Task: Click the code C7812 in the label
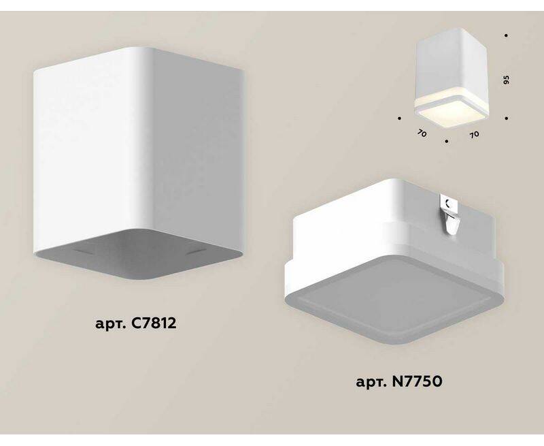point(154,323)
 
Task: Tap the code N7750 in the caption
point(417,382)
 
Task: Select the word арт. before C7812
point(110,324)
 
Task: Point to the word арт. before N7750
point(371,383)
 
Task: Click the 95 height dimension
point(506,80)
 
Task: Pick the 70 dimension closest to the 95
point(475,133)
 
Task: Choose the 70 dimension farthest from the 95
point(422,133)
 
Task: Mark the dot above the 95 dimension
point(507,35)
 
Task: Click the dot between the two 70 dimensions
point(447,142)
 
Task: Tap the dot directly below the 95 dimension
point(507,118)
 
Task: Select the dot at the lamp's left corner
point(400,118)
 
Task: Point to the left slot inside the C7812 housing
point(84,250)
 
